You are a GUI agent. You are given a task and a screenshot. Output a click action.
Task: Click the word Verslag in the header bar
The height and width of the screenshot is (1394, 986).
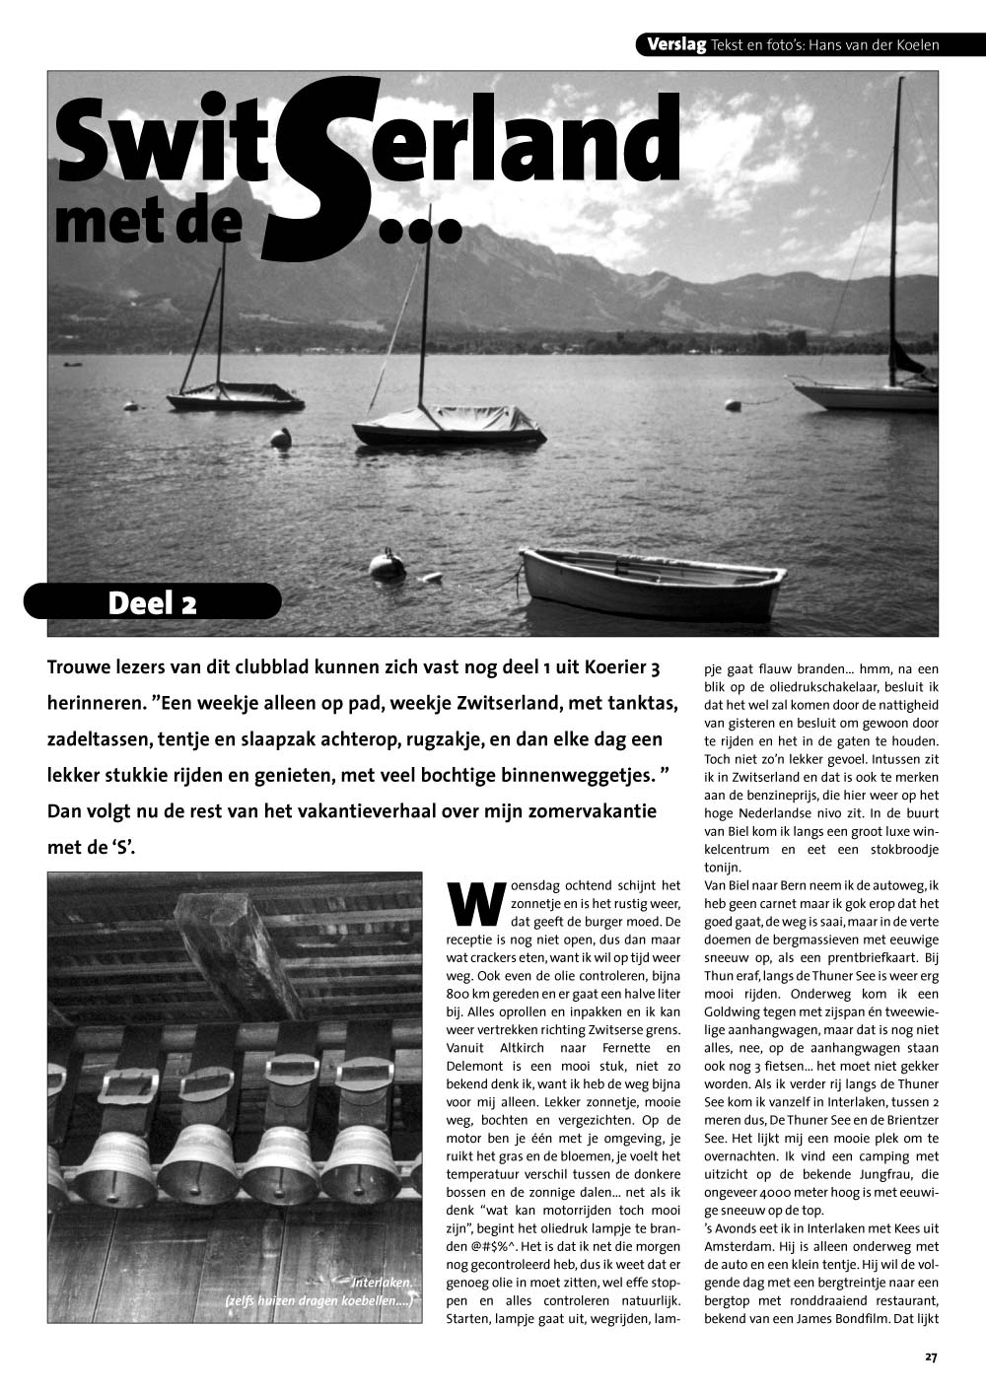pos(676,44)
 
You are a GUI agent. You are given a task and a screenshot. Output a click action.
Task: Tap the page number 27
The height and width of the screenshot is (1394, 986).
pos(931,1357)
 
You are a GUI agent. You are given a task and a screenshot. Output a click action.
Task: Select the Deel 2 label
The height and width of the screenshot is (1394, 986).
pos(152,602)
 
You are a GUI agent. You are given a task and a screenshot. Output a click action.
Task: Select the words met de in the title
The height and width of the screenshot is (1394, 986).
pos(148,226)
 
